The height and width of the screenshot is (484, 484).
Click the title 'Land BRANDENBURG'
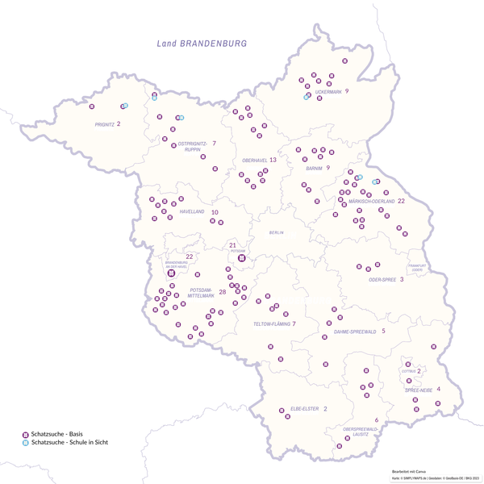202,44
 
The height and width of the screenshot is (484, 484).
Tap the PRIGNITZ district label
104,124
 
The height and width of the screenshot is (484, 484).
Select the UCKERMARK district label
328,91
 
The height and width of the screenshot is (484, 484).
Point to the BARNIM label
314,169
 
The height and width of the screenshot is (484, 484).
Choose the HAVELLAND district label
192,212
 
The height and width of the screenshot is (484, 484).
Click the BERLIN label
276,232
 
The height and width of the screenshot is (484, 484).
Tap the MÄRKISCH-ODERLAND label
372,201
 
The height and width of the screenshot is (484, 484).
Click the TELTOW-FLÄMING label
271,324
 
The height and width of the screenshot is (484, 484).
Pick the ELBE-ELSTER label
303,410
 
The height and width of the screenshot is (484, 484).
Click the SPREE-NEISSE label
419,390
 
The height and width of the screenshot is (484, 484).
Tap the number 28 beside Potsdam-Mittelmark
223,291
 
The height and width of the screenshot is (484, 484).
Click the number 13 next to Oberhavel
273,160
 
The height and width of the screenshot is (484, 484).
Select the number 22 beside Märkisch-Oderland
401,200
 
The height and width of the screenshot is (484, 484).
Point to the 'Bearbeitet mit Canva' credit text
407,469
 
